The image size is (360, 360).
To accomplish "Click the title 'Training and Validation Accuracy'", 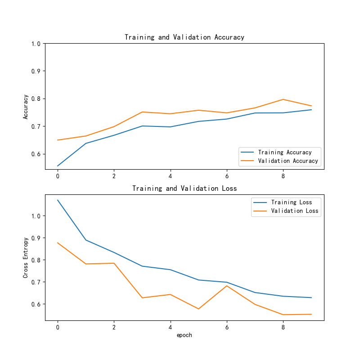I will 184,37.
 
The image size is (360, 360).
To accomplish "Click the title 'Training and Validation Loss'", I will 184,189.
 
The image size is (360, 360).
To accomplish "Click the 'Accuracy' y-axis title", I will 26,107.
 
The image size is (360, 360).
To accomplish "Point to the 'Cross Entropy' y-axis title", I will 26,257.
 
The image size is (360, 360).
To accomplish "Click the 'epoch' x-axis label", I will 184,335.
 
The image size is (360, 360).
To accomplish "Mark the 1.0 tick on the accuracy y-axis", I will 36,44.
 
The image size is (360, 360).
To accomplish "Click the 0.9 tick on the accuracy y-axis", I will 36,71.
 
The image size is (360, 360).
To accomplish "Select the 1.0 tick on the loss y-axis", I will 36,216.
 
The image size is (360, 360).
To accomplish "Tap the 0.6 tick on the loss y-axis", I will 36,304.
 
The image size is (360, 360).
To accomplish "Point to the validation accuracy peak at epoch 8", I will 283,99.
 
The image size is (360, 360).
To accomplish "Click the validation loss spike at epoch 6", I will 227,286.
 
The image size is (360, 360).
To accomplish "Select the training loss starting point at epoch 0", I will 58,200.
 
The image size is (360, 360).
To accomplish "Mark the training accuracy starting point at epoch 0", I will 58,166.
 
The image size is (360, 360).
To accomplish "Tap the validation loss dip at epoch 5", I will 198,309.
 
